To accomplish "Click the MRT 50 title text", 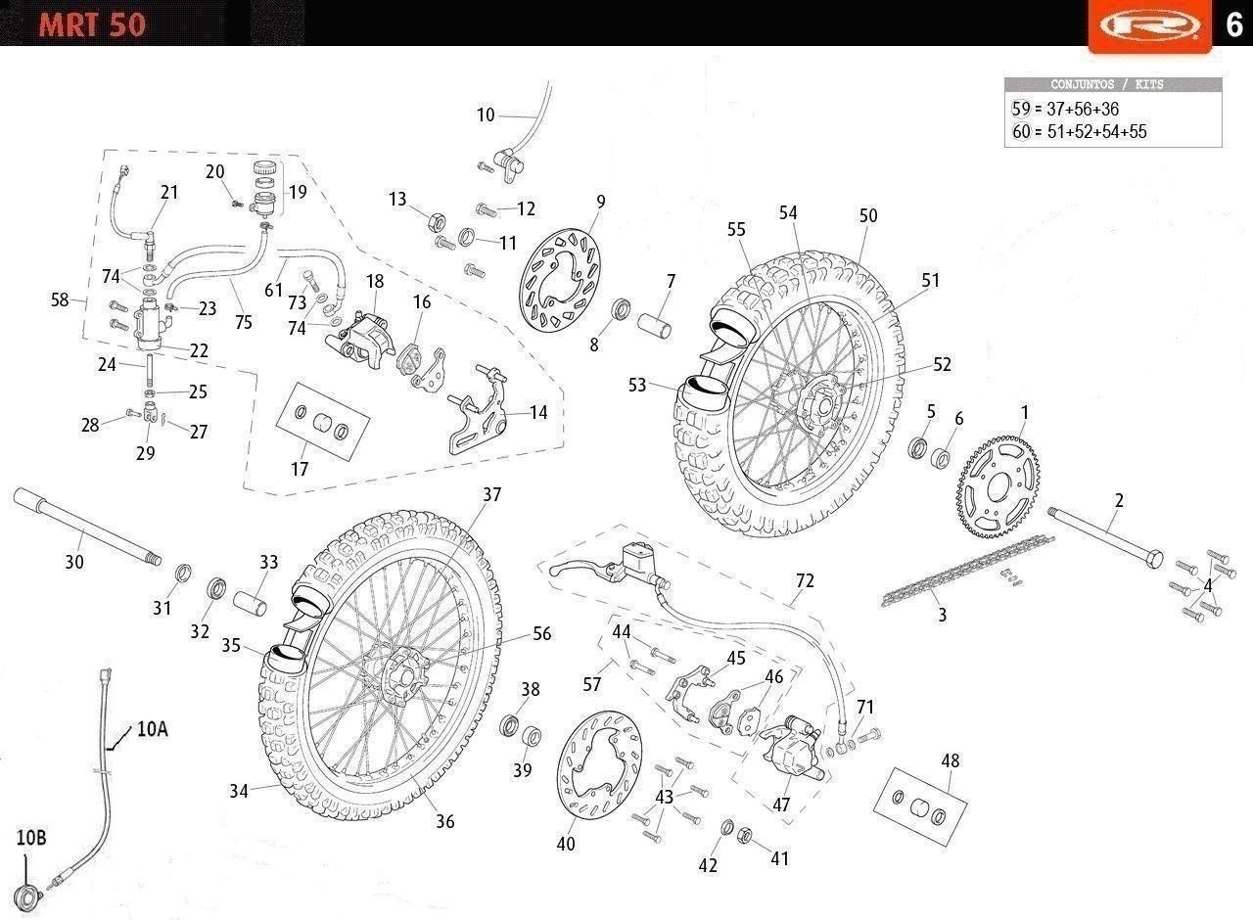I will pyautogui.click(x=92, y=23).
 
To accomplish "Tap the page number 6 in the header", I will pyautogui.click(x=1233, y=23).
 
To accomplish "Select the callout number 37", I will pyautogui.click(x=491, y=495).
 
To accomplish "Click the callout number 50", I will pyautogui.click(x=868, y=216).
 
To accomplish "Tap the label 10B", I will pyautogui.click(x=30, y=838).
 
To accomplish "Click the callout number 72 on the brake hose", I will pyautogui.click(x=805, y=580).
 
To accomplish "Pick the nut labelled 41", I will pyautogui.click(x=743, y=835).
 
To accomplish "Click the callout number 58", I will pyautogui.click(x=61, y=299).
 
